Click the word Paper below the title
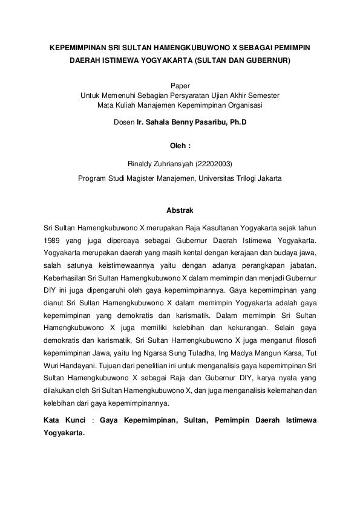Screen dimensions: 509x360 click(x=180, y=86)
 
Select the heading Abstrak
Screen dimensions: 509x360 click(x=180, y=210)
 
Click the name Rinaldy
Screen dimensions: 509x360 click(x=140, y=164)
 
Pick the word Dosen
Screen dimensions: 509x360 click(x=124, y=122)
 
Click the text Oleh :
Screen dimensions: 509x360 click(x=180, y=146)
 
